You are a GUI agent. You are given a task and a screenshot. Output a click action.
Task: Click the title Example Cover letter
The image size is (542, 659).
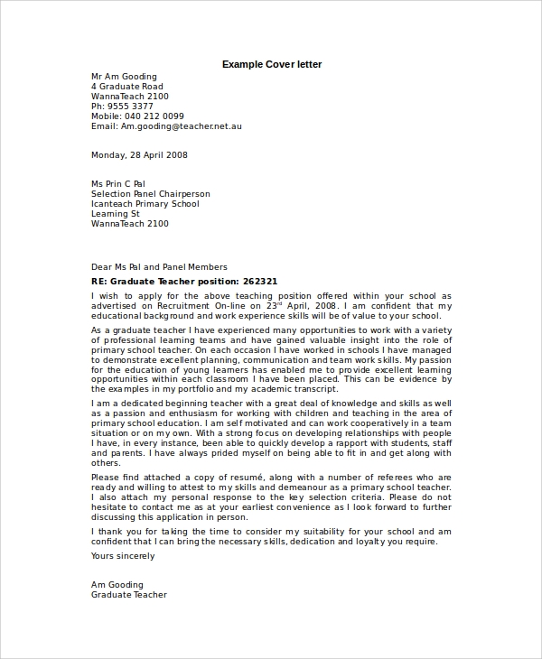pos(272,64)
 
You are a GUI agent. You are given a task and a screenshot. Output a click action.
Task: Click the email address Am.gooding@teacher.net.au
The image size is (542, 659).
pos(182,126)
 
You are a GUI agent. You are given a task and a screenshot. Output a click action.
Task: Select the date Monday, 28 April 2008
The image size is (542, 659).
pos(139,154)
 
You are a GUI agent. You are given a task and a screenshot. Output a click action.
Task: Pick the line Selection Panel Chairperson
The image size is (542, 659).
pos(150,193)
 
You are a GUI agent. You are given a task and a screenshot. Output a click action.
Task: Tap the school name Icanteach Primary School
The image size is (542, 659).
pos(145,203)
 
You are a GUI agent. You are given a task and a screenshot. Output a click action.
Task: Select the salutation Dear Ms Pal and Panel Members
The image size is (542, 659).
pos(159,267)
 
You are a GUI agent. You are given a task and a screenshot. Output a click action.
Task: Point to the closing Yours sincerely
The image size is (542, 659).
pos(123,556)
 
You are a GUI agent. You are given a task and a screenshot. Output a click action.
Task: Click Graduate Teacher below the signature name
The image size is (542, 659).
pos(129,595)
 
